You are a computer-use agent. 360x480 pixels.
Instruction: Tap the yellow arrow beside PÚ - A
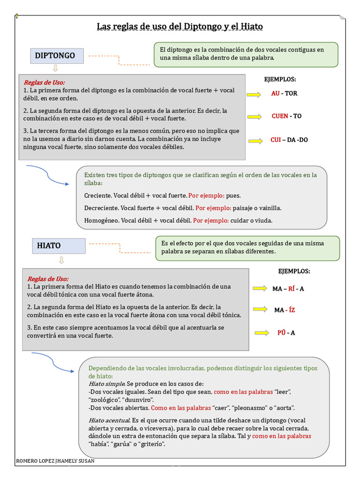tap(261, 333)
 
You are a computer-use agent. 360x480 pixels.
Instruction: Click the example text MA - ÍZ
tap(285, 310)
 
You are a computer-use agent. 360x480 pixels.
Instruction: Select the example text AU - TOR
tap(284, 93)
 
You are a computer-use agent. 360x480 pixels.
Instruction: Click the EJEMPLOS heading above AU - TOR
tap(280, 79)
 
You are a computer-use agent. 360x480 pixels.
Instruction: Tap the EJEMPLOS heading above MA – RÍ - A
tap(294, 271)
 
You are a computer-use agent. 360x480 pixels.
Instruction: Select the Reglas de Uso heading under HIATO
tap(48, 278)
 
